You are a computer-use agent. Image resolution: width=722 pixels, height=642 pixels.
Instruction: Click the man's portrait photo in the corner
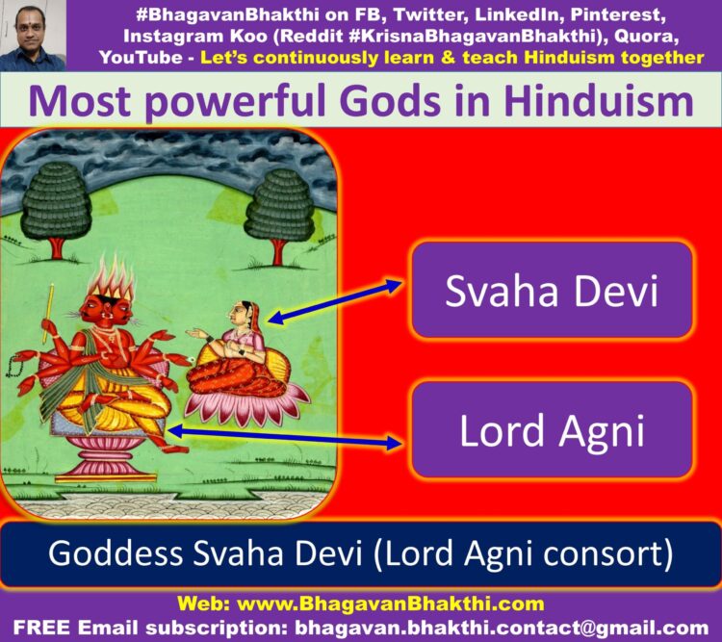(x=33, y=36)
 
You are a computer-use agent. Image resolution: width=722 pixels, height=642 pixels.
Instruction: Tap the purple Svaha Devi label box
(x=553, y=290)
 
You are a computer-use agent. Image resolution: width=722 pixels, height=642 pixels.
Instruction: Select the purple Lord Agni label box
(x=553, y=429)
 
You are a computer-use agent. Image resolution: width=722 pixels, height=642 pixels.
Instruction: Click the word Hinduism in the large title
(x=599, y=101)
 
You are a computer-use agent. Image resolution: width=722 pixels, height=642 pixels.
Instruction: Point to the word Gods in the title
(x=392, y=101)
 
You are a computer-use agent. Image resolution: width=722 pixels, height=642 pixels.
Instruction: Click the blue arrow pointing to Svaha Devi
(x=335, y=300)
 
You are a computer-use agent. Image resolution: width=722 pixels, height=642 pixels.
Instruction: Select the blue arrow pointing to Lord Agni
(x=286, y=437)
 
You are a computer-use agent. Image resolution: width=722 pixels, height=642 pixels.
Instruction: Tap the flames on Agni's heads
(x=112, y=276)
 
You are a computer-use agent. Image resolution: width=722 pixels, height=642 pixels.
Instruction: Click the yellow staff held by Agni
(x=48, y=313)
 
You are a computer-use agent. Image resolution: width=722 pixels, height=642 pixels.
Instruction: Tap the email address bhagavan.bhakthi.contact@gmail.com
(x=502, y=628)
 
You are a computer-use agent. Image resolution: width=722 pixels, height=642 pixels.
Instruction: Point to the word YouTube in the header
(x=141, y=58)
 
